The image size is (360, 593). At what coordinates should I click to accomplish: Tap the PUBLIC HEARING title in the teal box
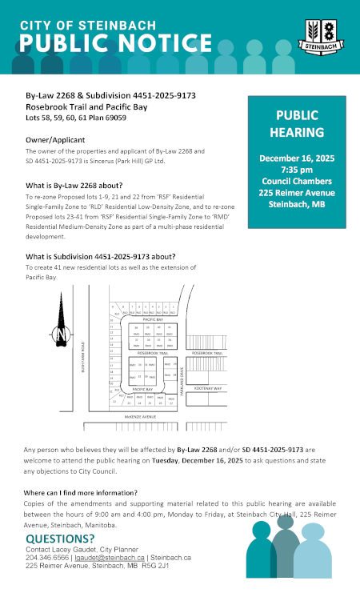pyautogui.click(x=297, y=123)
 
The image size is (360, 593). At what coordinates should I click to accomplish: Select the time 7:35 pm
pyautogui.click(x=297, y=170)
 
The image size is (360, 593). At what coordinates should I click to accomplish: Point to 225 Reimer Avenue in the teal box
pyautogui.click(x=297, y=192)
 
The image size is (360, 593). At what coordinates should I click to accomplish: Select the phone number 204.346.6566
pyautogui.click(x=48, y=557)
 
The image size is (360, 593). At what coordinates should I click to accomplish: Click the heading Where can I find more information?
pyautogui.click(x=80, y=492)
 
